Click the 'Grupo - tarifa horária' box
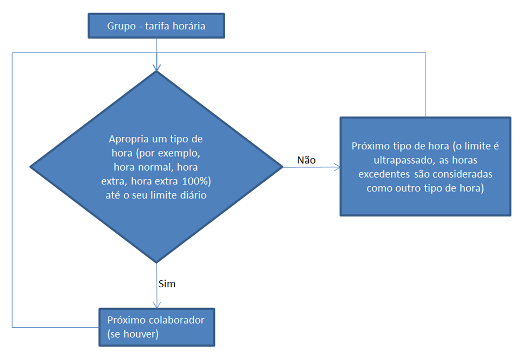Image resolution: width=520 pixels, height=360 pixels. coord(156,26)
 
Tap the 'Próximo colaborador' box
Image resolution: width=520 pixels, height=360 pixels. coord(157,327)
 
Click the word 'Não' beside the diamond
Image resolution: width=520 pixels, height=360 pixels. coord(306,160)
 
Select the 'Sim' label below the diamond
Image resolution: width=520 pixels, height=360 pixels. coord(167,284)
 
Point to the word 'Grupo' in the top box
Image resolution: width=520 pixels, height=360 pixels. coord(121,26)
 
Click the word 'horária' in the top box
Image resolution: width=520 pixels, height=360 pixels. coord(189,26)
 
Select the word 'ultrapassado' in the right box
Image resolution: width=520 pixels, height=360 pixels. coord(404,160)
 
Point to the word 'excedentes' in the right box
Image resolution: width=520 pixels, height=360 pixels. coord(384,174)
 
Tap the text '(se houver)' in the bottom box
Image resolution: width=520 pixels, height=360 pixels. coord(133,334)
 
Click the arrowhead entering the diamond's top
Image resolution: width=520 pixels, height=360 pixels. coord(157,67)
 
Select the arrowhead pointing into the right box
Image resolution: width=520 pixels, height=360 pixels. coord(337,167)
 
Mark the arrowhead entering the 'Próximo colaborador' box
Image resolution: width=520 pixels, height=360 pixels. coord(157,305)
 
